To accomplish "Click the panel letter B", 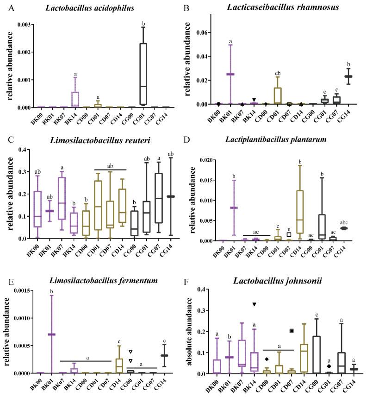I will pyautogui.click(x=188, y=8).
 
